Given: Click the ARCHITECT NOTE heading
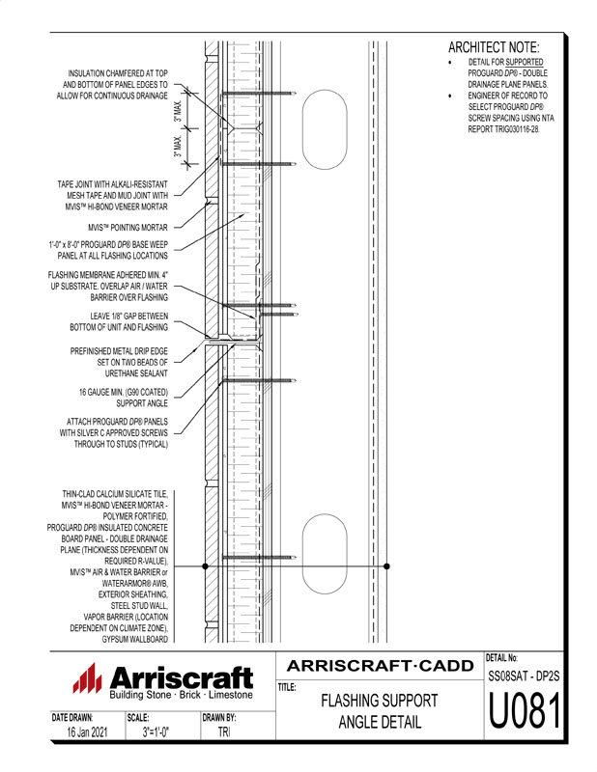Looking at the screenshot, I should (494, 47).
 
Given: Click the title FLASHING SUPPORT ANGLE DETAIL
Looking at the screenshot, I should (379, 712).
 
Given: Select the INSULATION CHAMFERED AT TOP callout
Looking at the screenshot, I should (118, 85).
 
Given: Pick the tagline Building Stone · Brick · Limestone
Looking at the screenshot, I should (181, 695).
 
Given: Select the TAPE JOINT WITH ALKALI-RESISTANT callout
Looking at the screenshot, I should (113, 195).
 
